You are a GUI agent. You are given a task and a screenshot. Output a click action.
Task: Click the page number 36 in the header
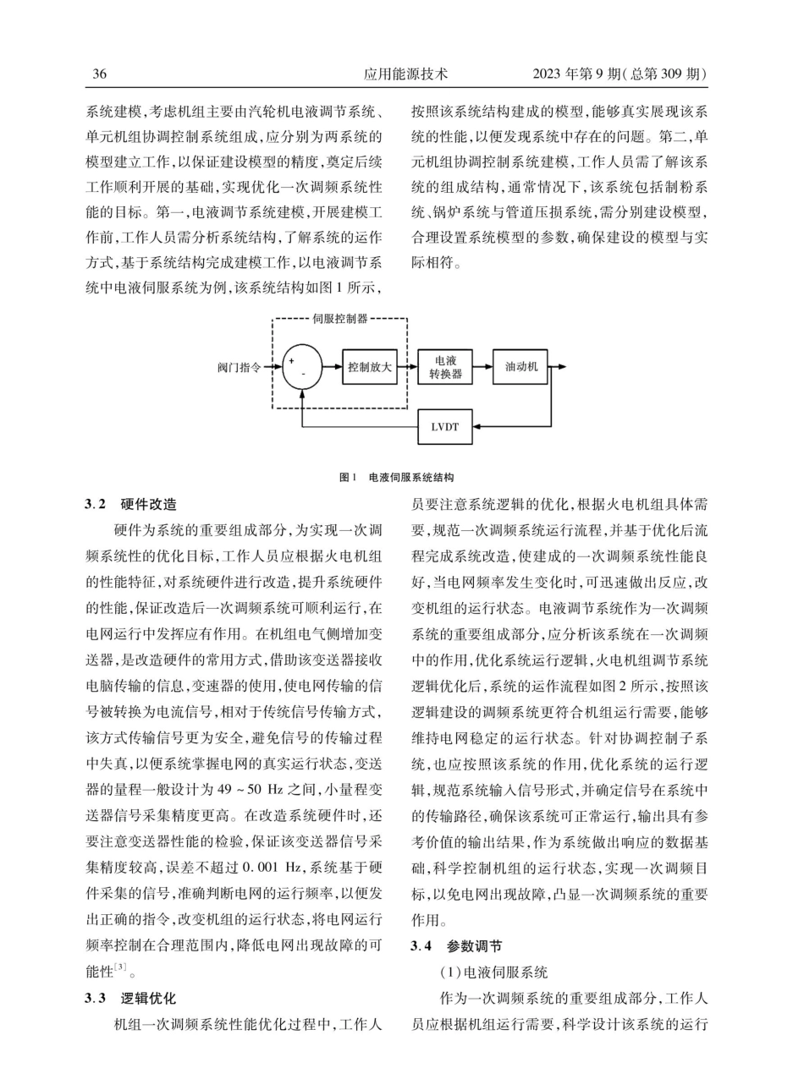(x=99, y=74)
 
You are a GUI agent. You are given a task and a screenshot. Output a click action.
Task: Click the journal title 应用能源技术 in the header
(x=405, y=74)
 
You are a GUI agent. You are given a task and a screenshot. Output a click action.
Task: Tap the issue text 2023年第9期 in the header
(x=583, y=74)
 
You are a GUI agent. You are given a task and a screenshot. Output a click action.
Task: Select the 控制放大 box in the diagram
(x=370, y=367)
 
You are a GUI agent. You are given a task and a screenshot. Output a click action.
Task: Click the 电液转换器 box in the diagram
(x=445, y=367)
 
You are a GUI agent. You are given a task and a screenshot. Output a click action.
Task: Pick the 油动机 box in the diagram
(x=521, y=367)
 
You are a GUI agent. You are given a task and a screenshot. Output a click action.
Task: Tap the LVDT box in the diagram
(x=445, y=426)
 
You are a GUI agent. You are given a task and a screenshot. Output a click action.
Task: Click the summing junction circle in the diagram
(x=302, y=367)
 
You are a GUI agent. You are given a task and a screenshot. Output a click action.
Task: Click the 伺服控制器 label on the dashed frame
(x=339, y=320)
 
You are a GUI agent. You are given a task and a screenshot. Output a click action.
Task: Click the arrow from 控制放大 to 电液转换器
(x=408, y=367)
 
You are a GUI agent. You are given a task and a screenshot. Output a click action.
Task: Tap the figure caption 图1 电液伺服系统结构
(x=397, y=478)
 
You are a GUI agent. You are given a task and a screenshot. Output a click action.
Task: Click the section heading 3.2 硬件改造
(x=129, y=504)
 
